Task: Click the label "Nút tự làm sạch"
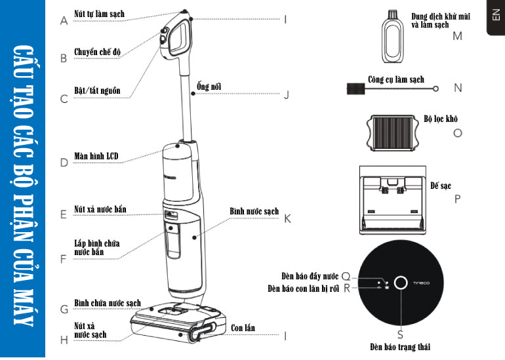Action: [99, 14]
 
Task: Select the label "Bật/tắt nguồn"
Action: [97, 90]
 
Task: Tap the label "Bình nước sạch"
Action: [254, 212]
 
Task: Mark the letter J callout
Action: [287, 94]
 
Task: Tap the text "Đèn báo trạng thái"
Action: [403, 346]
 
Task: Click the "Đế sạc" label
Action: [441, 186]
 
